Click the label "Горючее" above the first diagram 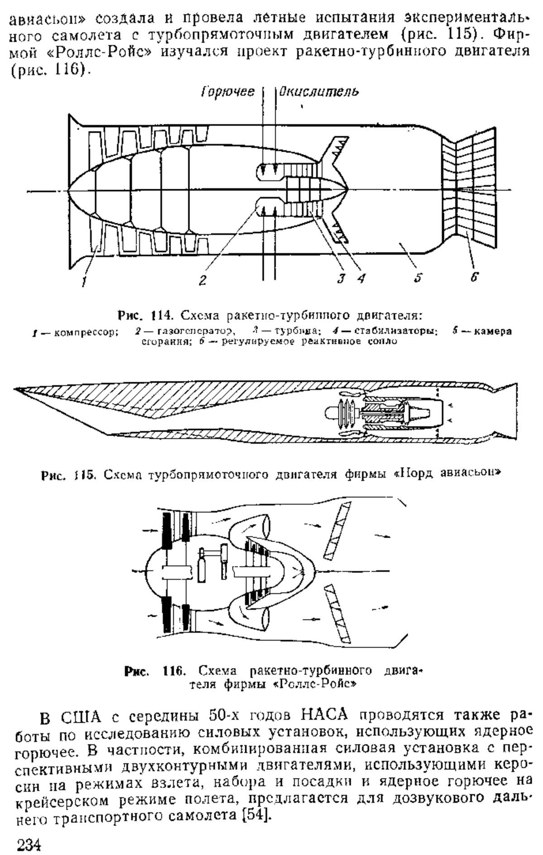[x=227, y=91]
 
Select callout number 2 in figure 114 [x=202, y=280]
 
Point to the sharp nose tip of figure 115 [x=15, y=389]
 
